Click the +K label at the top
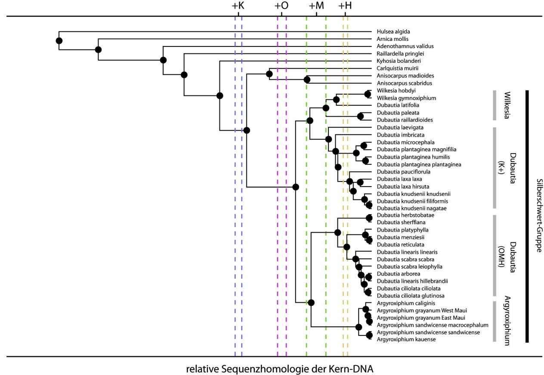point(238,6)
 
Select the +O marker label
point(281,6)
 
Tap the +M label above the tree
point(316,6)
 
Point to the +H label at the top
point(345,6)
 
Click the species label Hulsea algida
point(393,31)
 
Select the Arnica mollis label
point(393,39)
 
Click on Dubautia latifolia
point(398,105)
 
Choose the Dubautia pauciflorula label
point(403,172)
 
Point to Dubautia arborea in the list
point(398,274)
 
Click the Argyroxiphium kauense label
point(406,340)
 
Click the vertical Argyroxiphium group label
point(507,321)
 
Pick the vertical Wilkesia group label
point(507,105)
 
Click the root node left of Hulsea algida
point(59,41)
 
